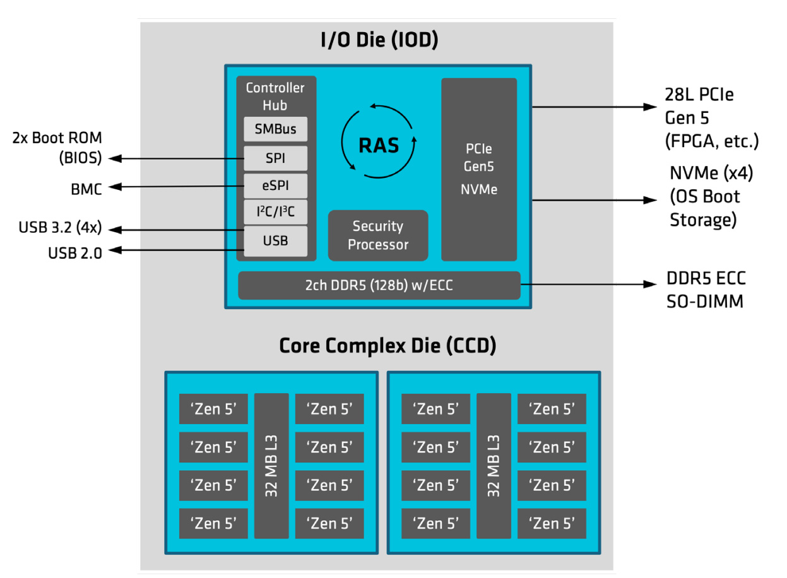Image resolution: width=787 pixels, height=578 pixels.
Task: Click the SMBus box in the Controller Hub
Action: coord(276,129)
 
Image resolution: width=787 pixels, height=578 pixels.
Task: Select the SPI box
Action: coord(276,158)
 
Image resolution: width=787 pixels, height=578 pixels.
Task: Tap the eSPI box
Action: coord(276,186)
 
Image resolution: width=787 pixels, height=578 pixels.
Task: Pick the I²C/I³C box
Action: coord(276,213)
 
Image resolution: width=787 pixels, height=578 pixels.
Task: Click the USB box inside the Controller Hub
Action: coord(276,241)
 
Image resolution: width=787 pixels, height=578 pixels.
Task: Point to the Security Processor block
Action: coord(378,235)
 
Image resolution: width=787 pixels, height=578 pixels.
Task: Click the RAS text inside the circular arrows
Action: coord(379,146)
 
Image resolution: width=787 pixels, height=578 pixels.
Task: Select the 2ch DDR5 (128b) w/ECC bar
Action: coord(379,286)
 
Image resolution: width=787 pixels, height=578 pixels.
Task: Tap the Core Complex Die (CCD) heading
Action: coord(388,346)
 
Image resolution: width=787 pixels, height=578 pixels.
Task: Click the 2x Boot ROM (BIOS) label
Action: coord(57,148)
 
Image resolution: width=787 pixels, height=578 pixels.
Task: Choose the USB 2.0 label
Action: coord(74,252)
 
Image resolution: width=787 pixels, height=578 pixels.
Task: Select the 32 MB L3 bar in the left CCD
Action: coord(271,466)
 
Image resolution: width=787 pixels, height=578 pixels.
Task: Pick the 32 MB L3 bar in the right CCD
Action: coord(494,466)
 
